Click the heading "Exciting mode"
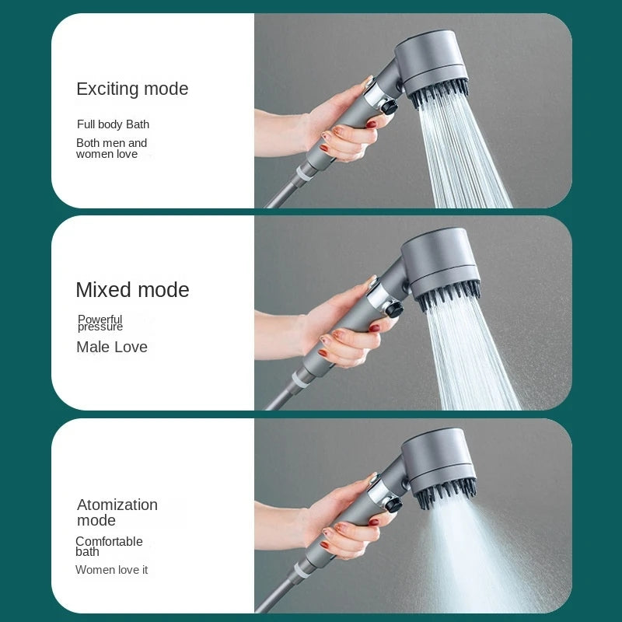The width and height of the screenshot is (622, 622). (x=132, y=89)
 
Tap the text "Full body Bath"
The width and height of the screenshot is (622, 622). (x=113, y=124)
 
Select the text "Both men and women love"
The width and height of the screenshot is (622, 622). (x=111, y=149)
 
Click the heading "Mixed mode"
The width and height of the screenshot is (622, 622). (x=132, y=290)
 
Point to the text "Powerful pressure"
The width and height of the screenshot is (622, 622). (x=100, y=323)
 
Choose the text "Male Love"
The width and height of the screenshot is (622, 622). (x=112, y=348)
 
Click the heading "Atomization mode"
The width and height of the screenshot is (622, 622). (x=117, y=512)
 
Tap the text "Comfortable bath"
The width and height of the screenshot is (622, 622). (x=109, y=547)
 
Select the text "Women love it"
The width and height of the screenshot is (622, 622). (x=111, y=570)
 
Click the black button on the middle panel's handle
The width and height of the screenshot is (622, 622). (x=394, y=310)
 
